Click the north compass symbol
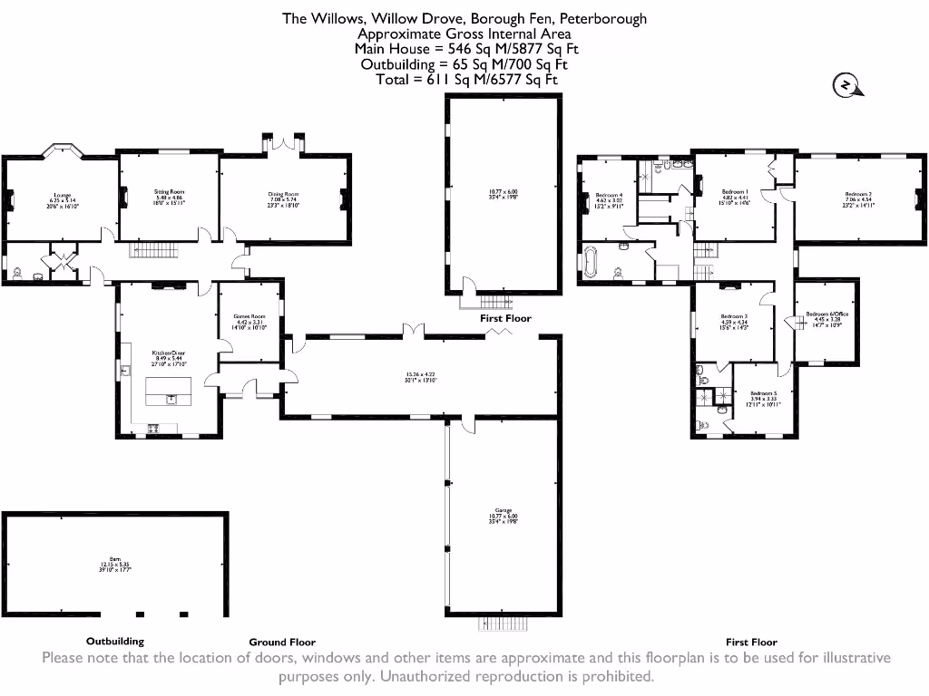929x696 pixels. [x=846, y=85]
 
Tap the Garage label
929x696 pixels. [x=498, y=510]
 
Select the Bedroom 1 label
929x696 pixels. [x=734, y=192]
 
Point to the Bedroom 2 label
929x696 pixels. [x=857, y=195]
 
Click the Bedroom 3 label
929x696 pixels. [x=734, y=316]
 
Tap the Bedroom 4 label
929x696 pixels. [x=609, y=196]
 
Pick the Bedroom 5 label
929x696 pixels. [x=763, y=393]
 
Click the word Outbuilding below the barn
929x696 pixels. [x=115, y=642]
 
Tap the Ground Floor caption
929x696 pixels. [x=282, y=642]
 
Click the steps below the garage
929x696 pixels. [x=503, y=623]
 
